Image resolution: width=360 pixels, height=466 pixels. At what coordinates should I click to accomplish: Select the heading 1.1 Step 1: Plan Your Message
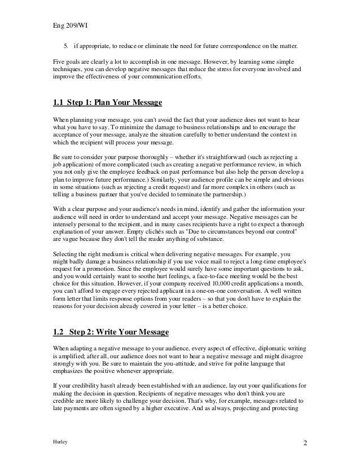point(107,103)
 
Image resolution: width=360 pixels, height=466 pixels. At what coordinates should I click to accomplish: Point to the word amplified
point(68,355)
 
